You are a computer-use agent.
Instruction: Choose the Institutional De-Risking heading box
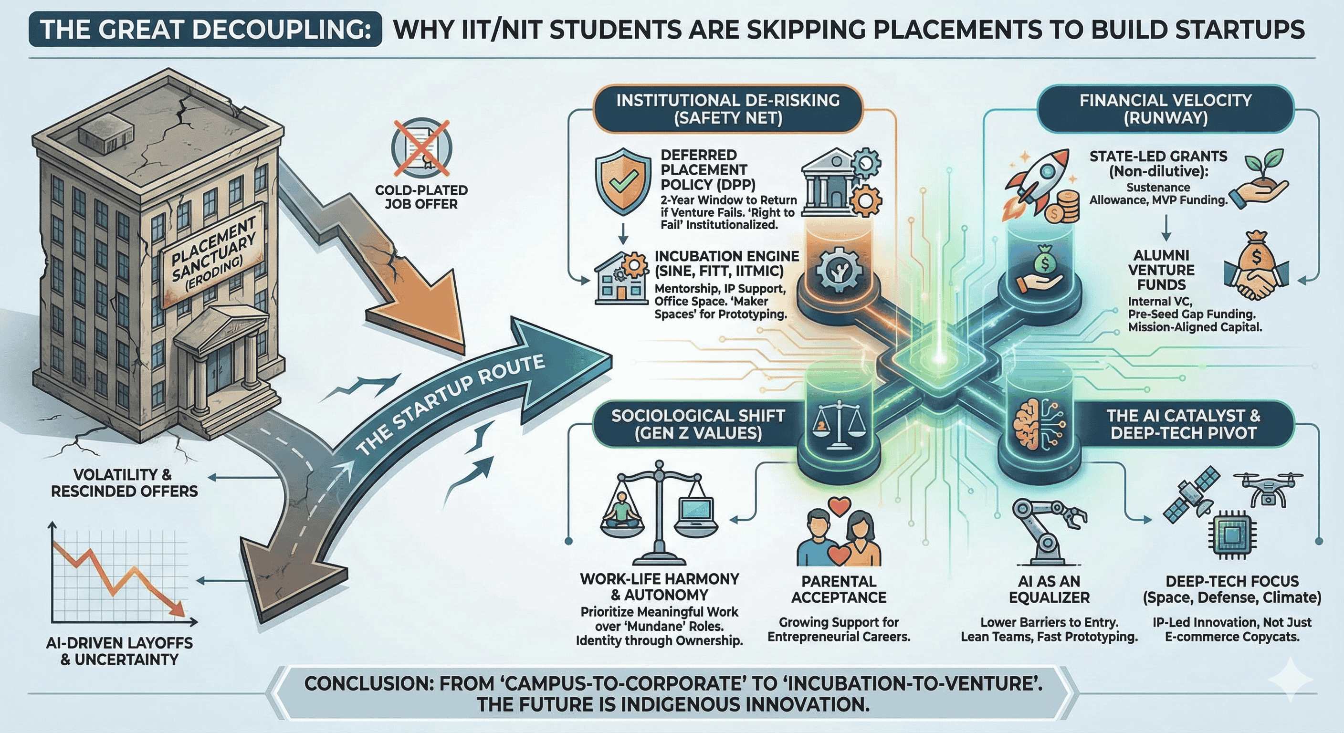(x=728, y=109)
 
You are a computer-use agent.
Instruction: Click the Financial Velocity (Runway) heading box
(x=1165, y=109)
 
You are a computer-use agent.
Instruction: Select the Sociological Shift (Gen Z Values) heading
(x=698, y=424)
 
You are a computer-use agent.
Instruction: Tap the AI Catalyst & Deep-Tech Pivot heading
(x=1183, y=424)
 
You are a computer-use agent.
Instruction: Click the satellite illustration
(x=1192, y=496)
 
